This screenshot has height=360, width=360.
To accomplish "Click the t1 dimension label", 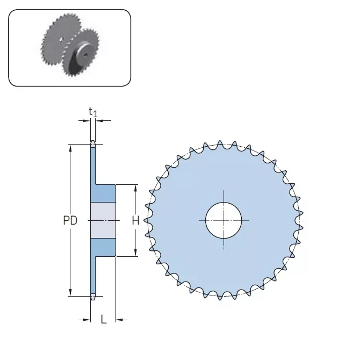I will click(93, 112).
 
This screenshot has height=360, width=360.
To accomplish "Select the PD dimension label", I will click(70, 220).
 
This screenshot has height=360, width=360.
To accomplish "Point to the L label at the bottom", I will click(104, 320).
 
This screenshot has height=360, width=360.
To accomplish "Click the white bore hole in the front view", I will click(224, 220).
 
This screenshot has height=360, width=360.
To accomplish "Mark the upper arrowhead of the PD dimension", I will click(70, 147).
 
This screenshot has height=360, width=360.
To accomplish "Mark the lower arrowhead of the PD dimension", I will click(70, 292).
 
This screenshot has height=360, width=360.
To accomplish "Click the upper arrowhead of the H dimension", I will click(135, 188).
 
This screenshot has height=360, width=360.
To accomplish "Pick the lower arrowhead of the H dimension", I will click(135, 253).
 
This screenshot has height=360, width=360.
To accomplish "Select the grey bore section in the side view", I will click(103, 220).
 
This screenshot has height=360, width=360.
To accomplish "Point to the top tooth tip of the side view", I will click(93, 143).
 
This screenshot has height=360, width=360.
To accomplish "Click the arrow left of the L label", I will click(86, 320).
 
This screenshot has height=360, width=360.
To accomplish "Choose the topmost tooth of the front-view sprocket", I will click(220, 144).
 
